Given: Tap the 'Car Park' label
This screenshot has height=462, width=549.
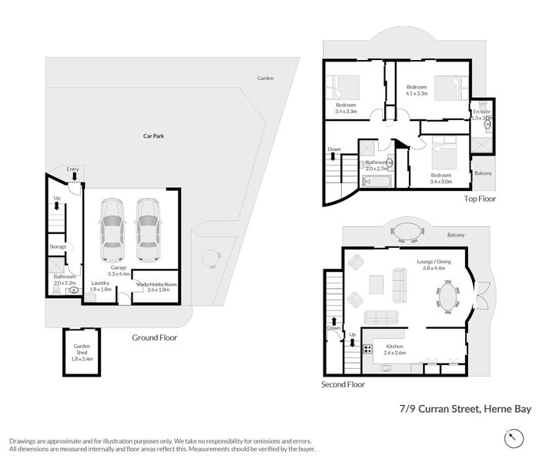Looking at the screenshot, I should (x=153, y=136).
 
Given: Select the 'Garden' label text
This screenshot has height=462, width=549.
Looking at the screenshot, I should (x=265, y=79).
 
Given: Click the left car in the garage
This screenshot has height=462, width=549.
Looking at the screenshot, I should (x=112, y=230).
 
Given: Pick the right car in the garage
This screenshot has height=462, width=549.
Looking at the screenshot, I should (x=147, y=230).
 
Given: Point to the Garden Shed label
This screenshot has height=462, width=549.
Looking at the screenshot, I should (x=82, y=354).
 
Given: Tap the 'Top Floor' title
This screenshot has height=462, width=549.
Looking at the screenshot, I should (x=480, y=199).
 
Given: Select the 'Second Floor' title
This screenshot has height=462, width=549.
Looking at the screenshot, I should (x=343, y=383).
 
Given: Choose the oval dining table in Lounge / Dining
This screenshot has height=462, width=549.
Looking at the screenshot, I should (x=447, y=296).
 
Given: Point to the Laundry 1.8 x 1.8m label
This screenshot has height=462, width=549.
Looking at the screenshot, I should (x=101, y=286).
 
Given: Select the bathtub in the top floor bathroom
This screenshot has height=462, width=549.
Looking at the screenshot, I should (x=377, y=182).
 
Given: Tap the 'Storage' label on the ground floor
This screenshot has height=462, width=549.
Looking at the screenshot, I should (x=58, y=247).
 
